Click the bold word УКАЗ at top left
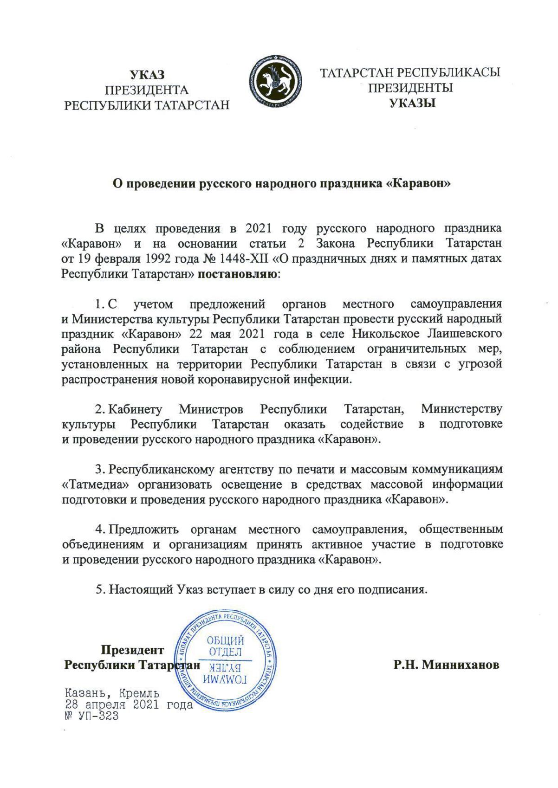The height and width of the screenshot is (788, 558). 147,75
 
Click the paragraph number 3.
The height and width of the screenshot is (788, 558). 98,470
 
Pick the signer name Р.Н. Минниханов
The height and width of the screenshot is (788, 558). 447,665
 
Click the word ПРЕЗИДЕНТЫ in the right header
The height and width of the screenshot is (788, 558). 410,88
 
